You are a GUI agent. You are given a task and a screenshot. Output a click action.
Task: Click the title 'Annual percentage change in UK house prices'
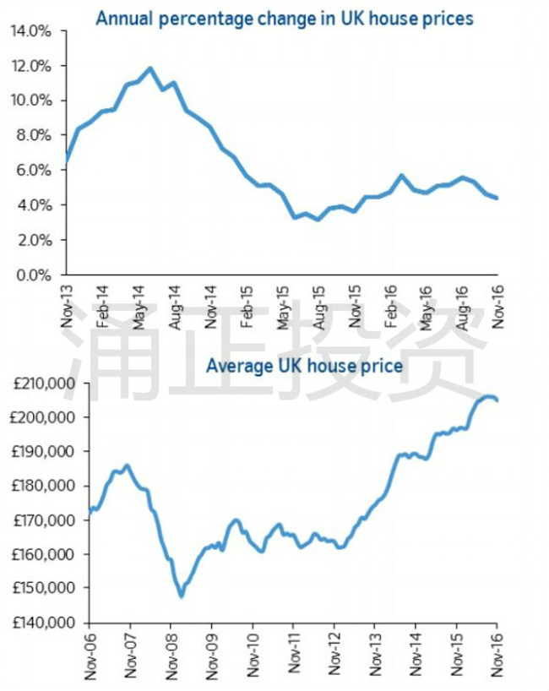click(284, 18)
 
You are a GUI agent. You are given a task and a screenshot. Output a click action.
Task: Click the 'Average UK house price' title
click(305, 367)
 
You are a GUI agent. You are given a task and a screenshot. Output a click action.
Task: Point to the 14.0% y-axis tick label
click(33, 31)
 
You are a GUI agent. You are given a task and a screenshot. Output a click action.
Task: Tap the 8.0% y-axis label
click(36, 135)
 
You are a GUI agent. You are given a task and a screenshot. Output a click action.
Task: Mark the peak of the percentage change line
click(150, 68)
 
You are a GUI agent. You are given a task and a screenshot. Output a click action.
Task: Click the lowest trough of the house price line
click(182, 596)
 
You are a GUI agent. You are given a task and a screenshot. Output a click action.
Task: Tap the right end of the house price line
click(497, 400)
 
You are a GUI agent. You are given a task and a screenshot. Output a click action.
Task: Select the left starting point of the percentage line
click(66, 161)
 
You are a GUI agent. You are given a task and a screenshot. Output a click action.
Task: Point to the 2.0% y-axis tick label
click(36, 240)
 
